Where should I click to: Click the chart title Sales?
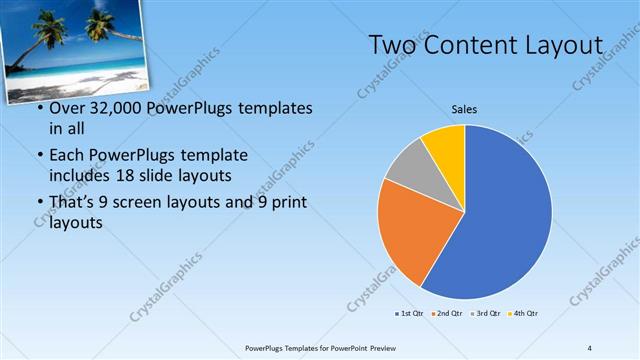(x=464, y=109)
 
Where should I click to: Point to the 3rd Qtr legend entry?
(x=487, y=314)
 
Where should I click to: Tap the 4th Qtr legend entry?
(x=524, y=314)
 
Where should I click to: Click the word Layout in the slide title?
(x=567, y=46)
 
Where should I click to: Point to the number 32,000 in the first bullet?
(x=114, y=108)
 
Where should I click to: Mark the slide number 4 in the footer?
(x=589, y=347)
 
